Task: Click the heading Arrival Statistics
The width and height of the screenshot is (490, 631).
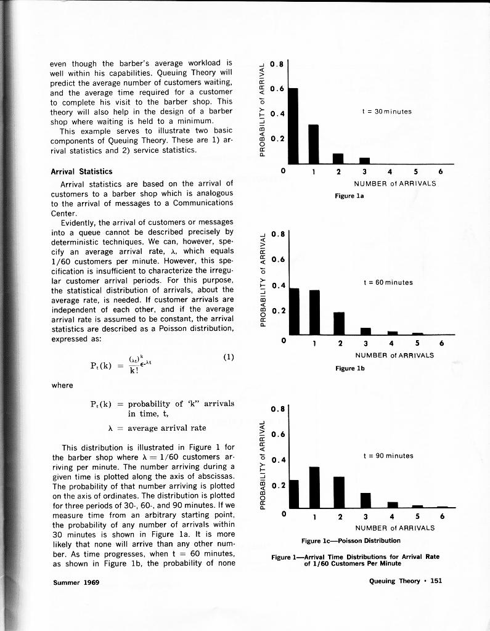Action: (81, 171)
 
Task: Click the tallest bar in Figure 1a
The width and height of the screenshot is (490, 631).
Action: (293, 126)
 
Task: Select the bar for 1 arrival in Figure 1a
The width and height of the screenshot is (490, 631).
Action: (314, 144)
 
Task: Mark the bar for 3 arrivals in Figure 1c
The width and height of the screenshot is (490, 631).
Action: (365, 500)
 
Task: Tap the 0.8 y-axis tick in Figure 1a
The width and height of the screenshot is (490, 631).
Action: (277, 63)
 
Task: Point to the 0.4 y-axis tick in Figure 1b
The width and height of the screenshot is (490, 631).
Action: (277, 285)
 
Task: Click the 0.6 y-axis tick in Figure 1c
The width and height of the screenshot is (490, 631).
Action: (277, 434)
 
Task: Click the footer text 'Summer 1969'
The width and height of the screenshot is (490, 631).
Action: (75, 582)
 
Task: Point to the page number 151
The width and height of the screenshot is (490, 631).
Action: (436, 580)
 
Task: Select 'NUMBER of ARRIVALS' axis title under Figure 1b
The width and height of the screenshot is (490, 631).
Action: (394, 355)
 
